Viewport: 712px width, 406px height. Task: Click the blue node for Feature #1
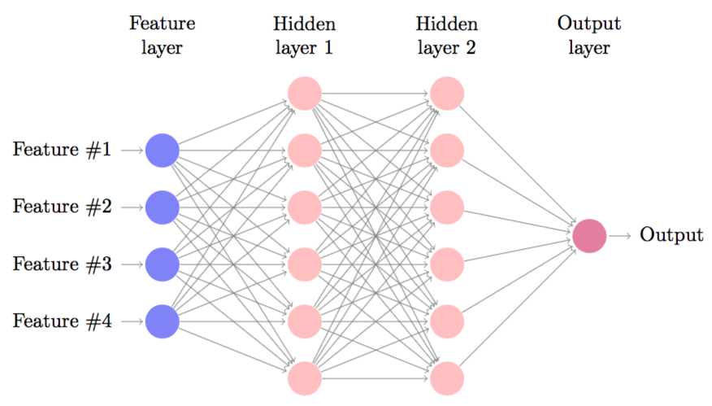162,150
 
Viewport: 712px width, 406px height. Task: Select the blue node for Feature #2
162,207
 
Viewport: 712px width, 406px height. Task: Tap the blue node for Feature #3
162,264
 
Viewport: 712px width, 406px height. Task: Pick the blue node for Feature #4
162,321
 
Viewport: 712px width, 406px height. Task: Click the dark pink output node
589,235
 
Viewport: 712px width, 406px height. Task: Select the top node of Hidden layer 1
305,93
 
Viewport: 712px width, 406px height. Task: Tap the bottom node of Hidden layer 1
305,378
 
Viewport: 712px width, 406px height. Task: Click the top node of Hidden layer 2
447,93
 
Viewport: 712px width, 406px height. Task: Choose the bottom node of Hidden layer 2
447,378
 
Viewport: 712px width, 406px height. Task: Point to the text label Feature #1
62,150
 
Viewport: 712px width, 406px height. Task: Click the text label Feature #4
62,321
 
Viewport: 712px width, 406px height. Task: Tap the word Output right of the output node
671,235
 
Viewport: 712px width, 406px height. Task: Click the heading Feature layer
162,35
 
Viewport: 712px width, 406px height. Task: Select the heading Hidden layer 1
305,35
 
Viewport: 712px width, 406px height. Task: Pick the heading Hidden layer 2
447,35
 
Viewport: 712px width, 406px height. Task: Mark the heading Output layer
589,35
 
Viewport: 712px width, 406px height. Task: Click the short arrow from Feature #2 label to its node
132,207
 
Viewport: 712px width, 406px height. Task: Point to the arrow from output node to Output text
620,235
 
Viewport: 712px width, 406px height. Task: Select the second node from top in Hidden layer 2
447,150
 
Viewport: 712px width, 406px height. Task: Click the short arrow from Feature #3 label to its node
132,264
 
